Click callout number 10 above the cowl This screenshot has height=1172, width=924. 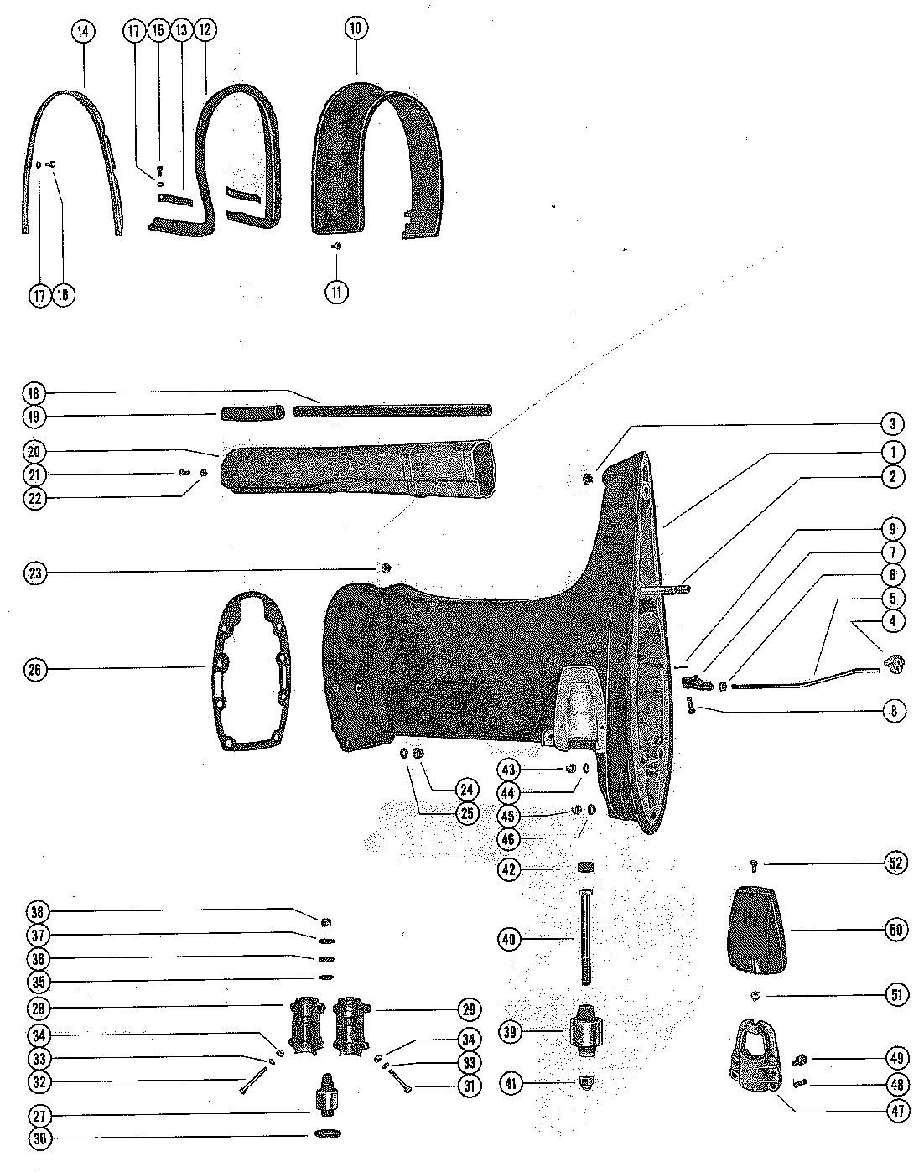(355, 28)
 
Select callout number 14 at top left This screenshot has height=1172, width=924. (82, 32)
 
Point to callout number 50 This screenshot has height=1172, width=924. (894, 929)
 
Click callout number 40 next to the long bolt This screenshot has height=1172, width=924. (509, 940)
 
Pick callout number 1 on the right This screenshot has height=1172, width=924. (894, 452)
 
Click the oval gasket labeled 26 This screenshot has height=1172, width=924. (252, 668)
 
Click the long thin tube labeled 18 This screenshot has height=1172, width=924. (392, 410)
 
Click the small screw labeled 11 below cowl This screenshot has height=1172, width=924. (335, 246)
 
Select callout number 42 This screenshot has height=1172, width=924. (509, 869)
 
